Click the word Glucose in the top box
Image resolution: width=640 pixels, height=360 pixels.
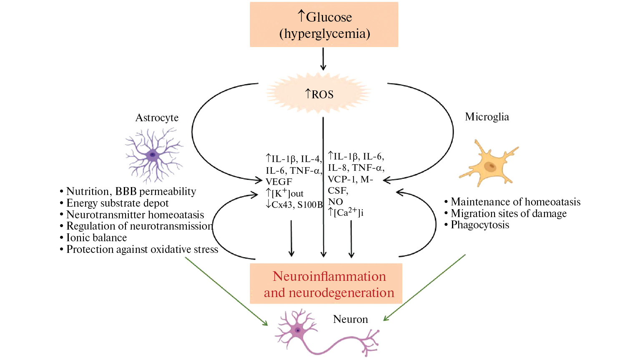coord(329,17)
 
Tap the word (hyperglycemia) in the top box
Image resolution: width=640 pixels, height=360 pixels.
coord(324,33)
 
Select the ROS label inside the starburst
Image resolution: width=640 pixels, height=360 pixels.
coord(322,95)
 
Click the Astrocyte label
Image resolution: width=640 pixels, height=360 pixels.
coord(157,118)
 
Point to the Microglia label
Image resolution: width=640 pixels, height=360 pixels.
coord(487,117)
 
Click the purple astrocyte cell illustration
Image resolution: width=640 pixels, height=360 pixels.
coord(153,155)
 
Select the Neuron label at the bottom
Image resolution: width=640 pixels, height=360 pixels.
coord(350,319)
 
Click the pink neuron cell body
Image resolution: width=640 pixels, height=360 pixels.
coord(298,330)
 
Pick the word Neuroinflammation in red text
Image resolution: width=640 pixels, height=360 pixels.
coord(329,276)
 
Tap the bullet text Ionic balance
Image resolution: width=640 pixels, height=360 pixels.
coord(96,237)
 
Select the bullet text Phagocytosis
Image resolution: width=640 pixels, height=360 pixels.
coord(479,225)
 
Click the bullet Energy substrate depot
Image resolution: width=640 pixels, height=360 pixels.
coord(117,203)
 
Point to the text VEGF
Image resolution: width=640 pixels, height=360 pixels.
coord(279,182)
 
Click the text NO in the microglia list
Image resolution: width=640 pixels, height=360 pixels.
coord(335,202)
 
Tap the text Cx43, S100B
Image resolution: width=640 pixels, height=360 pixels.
coord(297,205)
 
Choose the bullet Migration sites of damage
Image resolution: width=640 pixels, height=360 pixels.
coord(508,213)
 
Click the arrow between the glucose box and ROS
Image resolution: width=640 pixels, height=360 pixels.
coord(323,59)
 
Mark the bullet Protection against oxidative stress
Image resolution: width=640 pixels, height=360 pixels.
coord(142,249)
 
